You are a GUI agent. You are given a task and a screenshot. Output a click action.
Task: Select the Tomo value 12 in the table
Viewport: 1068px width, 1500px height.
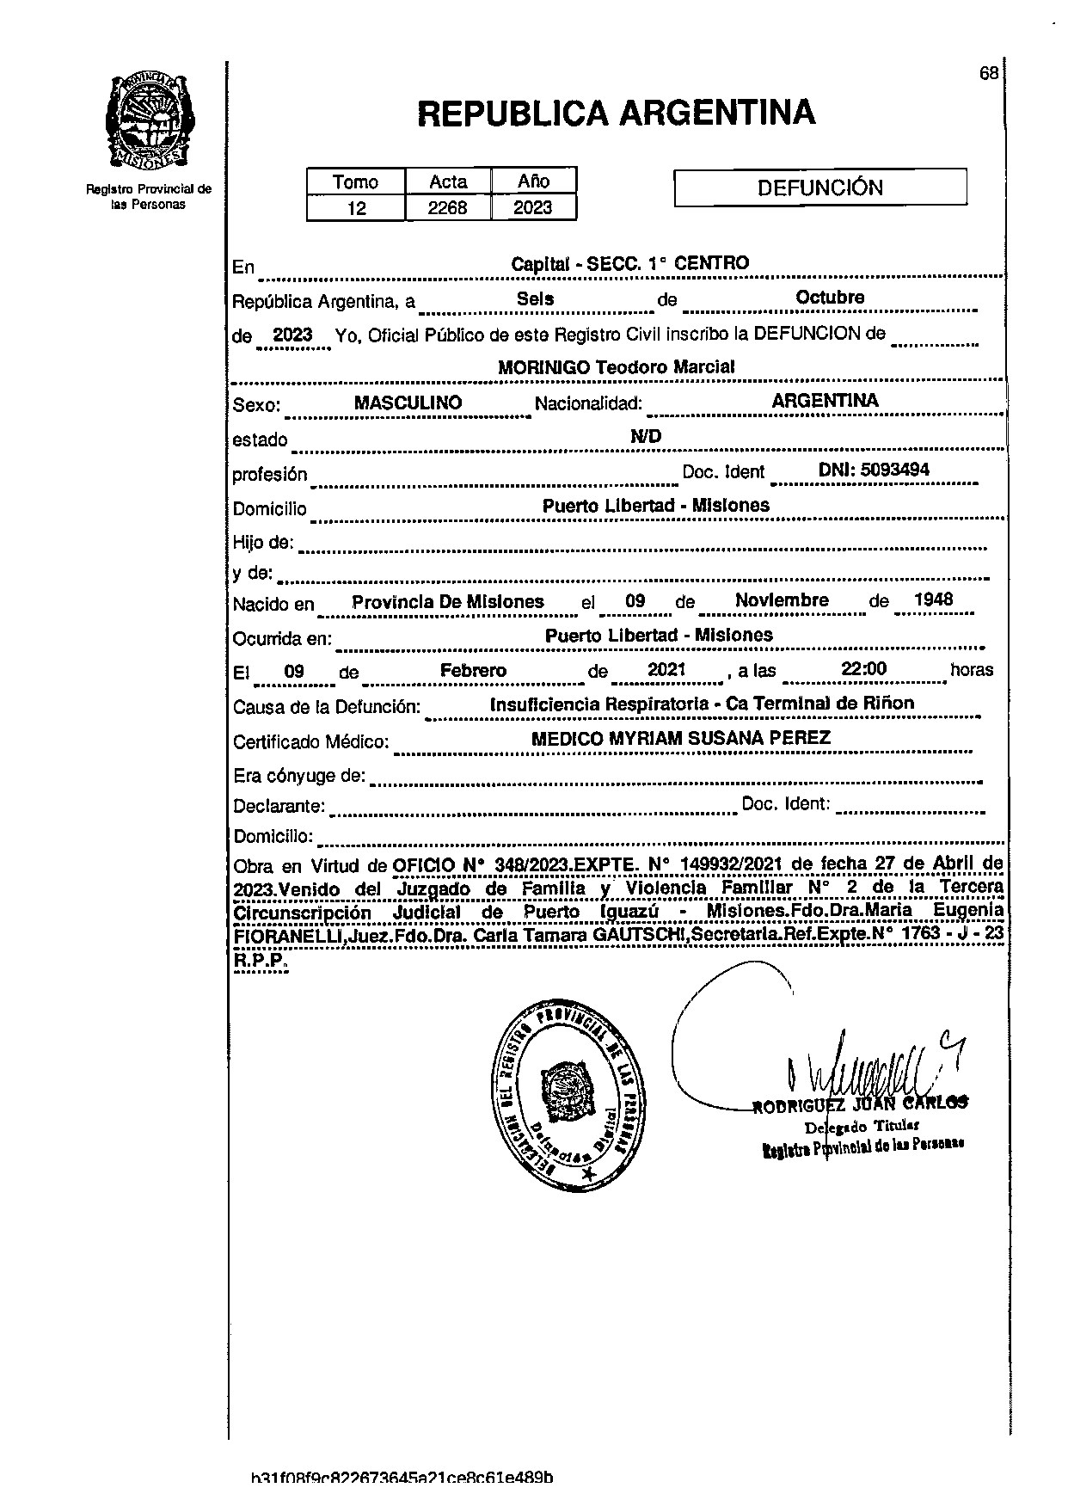pyautogui.click(x=356, y=208)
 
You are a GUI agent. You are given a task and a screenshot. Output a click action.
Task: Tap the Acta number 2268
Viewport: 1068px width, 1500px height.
pyautogui.click(x=447, y=208)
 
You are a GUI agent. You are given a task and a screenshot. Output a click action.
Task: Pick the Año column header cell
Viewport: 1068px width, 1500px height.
pyautogui.click(x=533, y=181)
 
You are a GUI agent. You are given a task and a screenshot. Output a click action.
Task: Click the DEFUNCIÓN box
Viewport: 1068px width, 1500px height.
pyautogui.click(x=819, y=187)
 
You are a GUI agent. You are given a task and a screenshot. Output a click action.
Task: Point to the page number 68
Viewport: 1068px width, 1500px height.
pyautogui.click(x=988, y=73)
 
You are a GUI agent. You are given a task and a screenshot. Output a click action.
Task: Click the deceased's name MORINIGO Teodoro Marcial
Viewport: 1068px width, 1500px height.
pyautogui.click(x=616, y=367)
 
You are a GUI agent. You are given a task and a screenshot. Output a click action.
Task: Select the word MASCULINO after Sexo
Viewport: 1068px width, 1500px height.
pyautogui.click(x=408, y=403)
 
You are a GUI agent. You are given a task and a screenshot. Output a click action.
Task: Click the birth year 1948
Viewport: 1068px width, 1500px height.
pyautogui.click(x=933, y=600)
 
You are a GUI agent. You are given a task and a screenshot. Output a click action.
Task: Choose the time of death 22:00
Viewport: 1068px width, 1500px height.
pyautogui.click(x=864, y=670)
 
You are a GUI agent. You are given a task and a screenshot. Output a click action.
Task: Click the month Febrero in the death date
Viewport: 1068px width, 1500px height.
pyautogui.click(x=473, y=671)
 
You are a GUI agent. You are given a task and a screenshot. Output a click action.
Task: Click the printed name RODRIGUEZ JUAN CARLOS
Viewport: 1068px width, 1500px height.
pyautogui.click(x=860, y=1104)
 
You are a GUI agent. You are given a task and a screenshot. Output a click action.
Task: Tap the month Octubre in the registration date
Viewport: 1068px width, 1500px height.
pyautogui.click(x=830, y=298)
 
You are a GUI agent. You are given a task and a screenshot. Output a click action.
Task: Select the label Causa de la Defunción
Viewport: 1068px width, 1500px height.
pyautogui.click(x=327, y=708)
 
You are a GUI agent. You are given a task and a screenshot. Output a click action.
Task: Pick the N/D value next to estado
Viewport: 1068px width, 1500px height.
pyautogui.click(x=646, y=437)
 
